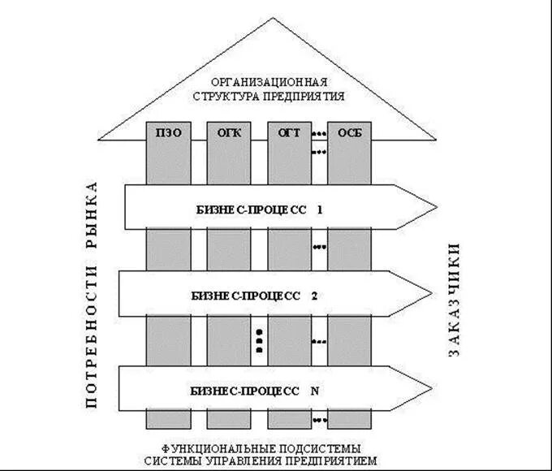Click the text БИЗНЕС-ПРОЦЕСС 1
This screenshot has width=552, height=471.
click(x=259, y=209)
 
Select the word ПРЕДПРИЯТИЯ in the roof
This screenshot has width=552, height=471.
click(x=303, y=96)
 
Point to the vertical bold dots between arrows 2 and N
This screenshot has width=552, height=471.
click(x=259, y=339)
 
